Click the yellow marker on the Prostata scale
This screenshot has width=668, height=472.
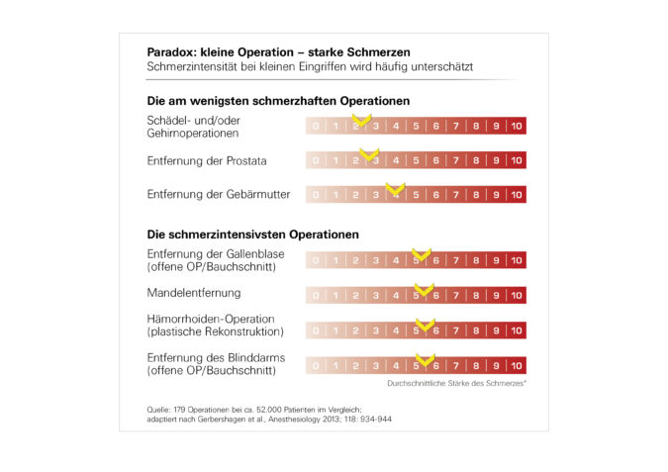(x=369, y=155)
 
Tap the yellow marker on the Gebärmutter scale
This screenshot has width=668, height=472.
(x=395, y=189)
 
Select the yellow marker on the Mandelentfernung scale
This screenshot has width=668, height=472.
(x=423, y=290)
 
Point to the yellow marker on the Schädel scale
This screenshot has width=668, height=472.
(x=361, y=121)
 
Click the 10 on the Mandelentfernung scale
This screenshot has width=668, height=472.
(x=516, y=295)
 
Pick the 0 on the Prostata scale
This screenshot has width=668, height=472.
(x=316, y=160)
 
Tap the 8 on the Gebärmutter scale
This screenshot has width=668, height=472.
(x=476, y=195)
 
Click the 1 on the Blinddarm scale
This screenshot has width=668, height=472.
(x=335, y=365)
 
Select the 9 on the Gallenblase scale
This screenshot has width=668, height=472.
(x=496, y=261)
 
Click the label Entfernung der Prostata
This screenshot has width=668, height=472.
(x=207, y=160)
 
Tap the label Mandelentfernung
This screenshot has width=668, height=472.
(x=193, y=294)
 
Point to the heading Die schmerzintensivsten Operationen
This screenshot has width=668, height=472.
(x=252, y=235)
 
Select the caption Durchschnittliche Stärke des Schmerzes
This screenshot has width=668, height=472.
(x=455, y=382)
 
